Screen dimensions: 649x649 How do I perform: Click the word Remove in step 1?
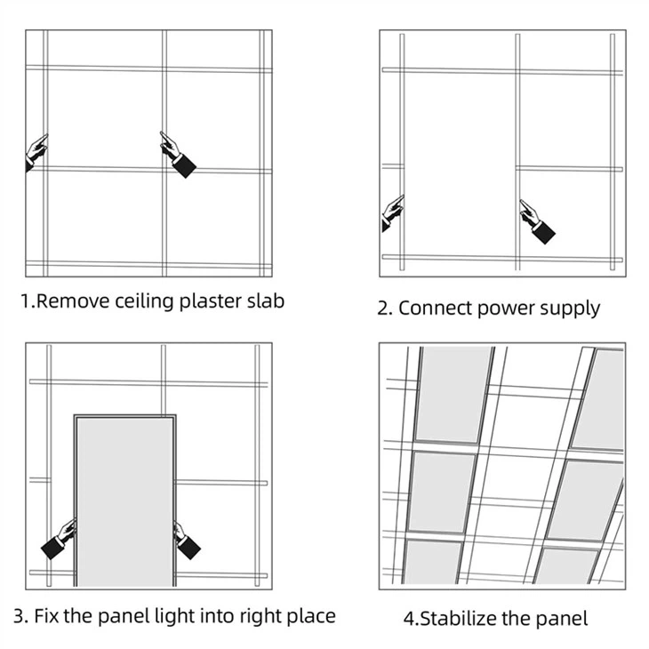point(72,300)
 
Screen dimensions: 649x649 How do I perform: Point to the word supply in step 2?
point(570,309)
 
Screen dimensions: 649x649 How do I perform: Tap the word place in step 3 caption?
point(309,615)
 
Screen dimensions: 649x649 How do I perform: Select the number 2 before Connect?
point(383,308)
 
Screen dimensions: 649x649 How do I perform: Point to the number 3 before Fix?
point(19,615)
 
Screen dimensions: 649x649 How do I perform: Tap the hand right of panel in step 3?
point(185,541)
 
